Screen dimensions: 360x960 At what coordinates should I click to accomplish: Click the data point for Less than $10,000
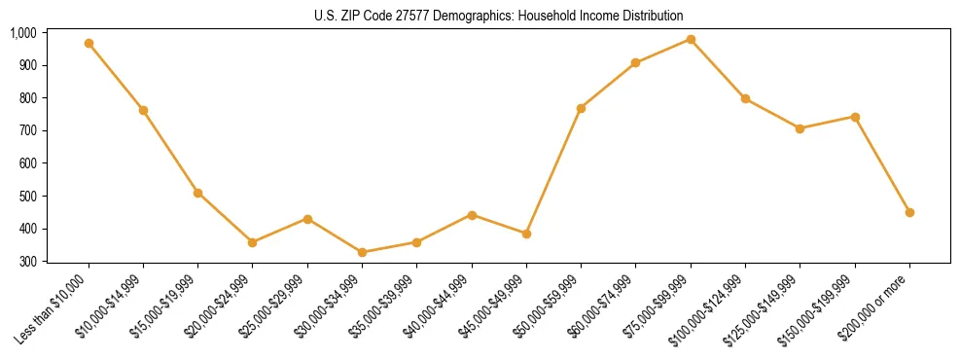89,44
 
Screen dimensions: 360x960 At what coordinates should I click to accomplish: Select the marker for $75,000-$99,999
691,40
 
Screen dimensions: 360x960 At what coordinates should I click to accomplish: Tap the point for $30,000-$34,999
362,252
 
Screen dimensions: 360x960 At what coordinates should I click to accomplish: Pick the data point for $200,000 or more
909,212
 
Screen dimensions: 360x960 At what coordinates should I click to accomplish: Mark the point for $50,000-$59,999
581,108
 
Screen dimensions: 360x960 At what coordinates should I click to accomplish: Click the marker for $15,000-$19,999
197,193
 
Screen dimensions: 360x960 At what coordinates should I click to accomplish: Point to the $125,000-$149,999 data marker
800,128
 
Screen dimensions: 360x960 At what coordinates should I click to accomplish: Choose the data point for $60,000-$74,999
635,63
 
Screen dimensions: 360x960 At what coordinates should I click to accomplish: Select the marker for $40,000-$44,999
472,215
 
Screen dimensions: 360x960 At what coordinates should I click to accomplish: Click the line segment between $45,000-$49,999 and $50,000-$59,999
553,171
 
